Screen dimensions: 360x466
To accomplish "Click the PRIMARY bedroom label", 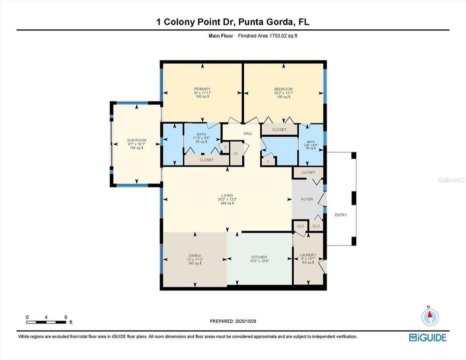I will [203, 89].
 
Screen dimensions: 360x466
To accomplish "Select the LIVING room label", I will [228, 195].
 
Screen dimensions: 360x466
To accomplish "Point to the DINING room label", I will [195, 256].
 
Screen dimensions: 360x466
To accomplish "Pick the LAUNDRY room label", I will [308, 255].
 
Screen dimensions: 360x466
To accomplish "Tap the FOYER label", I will [307, 199].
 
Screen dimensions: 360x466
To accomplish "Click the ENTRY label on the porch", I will [340, 215].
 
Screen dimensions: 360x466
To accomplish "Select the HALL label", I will [248, 133].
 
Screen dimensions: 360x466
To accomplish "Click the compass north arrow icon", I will [429, 316].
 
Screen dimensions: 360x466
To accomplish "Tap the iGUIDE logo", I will [428, 337].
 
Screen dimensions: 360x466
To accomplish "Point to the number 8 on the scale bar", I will [66, 317].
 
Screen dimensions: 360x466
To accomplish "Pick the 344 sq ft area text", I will [228, 203].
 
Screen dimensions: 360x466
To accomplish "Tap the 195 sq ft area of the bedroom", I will [283, 97].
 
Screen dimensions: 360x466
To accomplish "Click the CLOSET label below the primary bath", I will [206, 160].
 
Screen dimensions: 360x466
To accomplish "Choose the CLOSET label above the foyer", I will [308, 172].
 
